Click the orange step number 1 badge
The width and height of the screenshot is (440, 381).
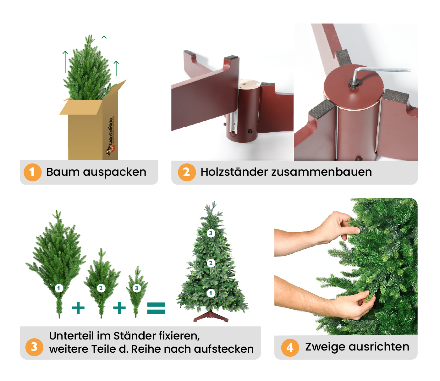[32, 172]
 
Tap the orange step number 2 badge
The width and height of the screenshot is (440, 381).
[187, 172]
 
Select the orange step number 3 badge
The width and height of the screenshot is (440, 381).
[34, 347]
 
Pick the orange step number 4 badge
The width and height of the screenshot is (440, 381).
[290, 347]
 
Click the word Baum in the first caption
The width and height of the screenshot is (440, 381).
[63, 172]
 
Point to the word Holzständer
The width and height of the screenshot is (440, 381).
[234, 172]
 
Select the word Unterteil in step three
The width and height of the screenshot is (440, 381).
[71, 336]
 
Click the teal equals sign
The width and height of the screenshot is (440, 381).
[156, 308]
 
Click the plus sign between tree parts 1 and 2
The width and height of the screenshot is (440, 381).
[78, 308]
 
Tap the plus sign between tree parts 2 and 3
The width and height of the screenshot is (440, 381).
[119, 308]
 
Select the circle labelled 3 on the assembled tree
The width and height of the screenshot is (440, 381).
[211, 233]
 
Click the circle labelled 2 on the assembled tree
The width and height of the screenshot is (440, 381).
[211, 263]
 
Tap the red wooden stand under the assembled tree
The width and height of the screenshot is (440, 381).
[211, 317]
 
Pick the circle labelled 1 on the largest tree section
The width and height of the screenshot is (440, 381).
[59, 288]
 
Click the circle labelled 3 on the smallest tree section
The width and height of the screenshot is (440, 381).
[136, 288]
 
